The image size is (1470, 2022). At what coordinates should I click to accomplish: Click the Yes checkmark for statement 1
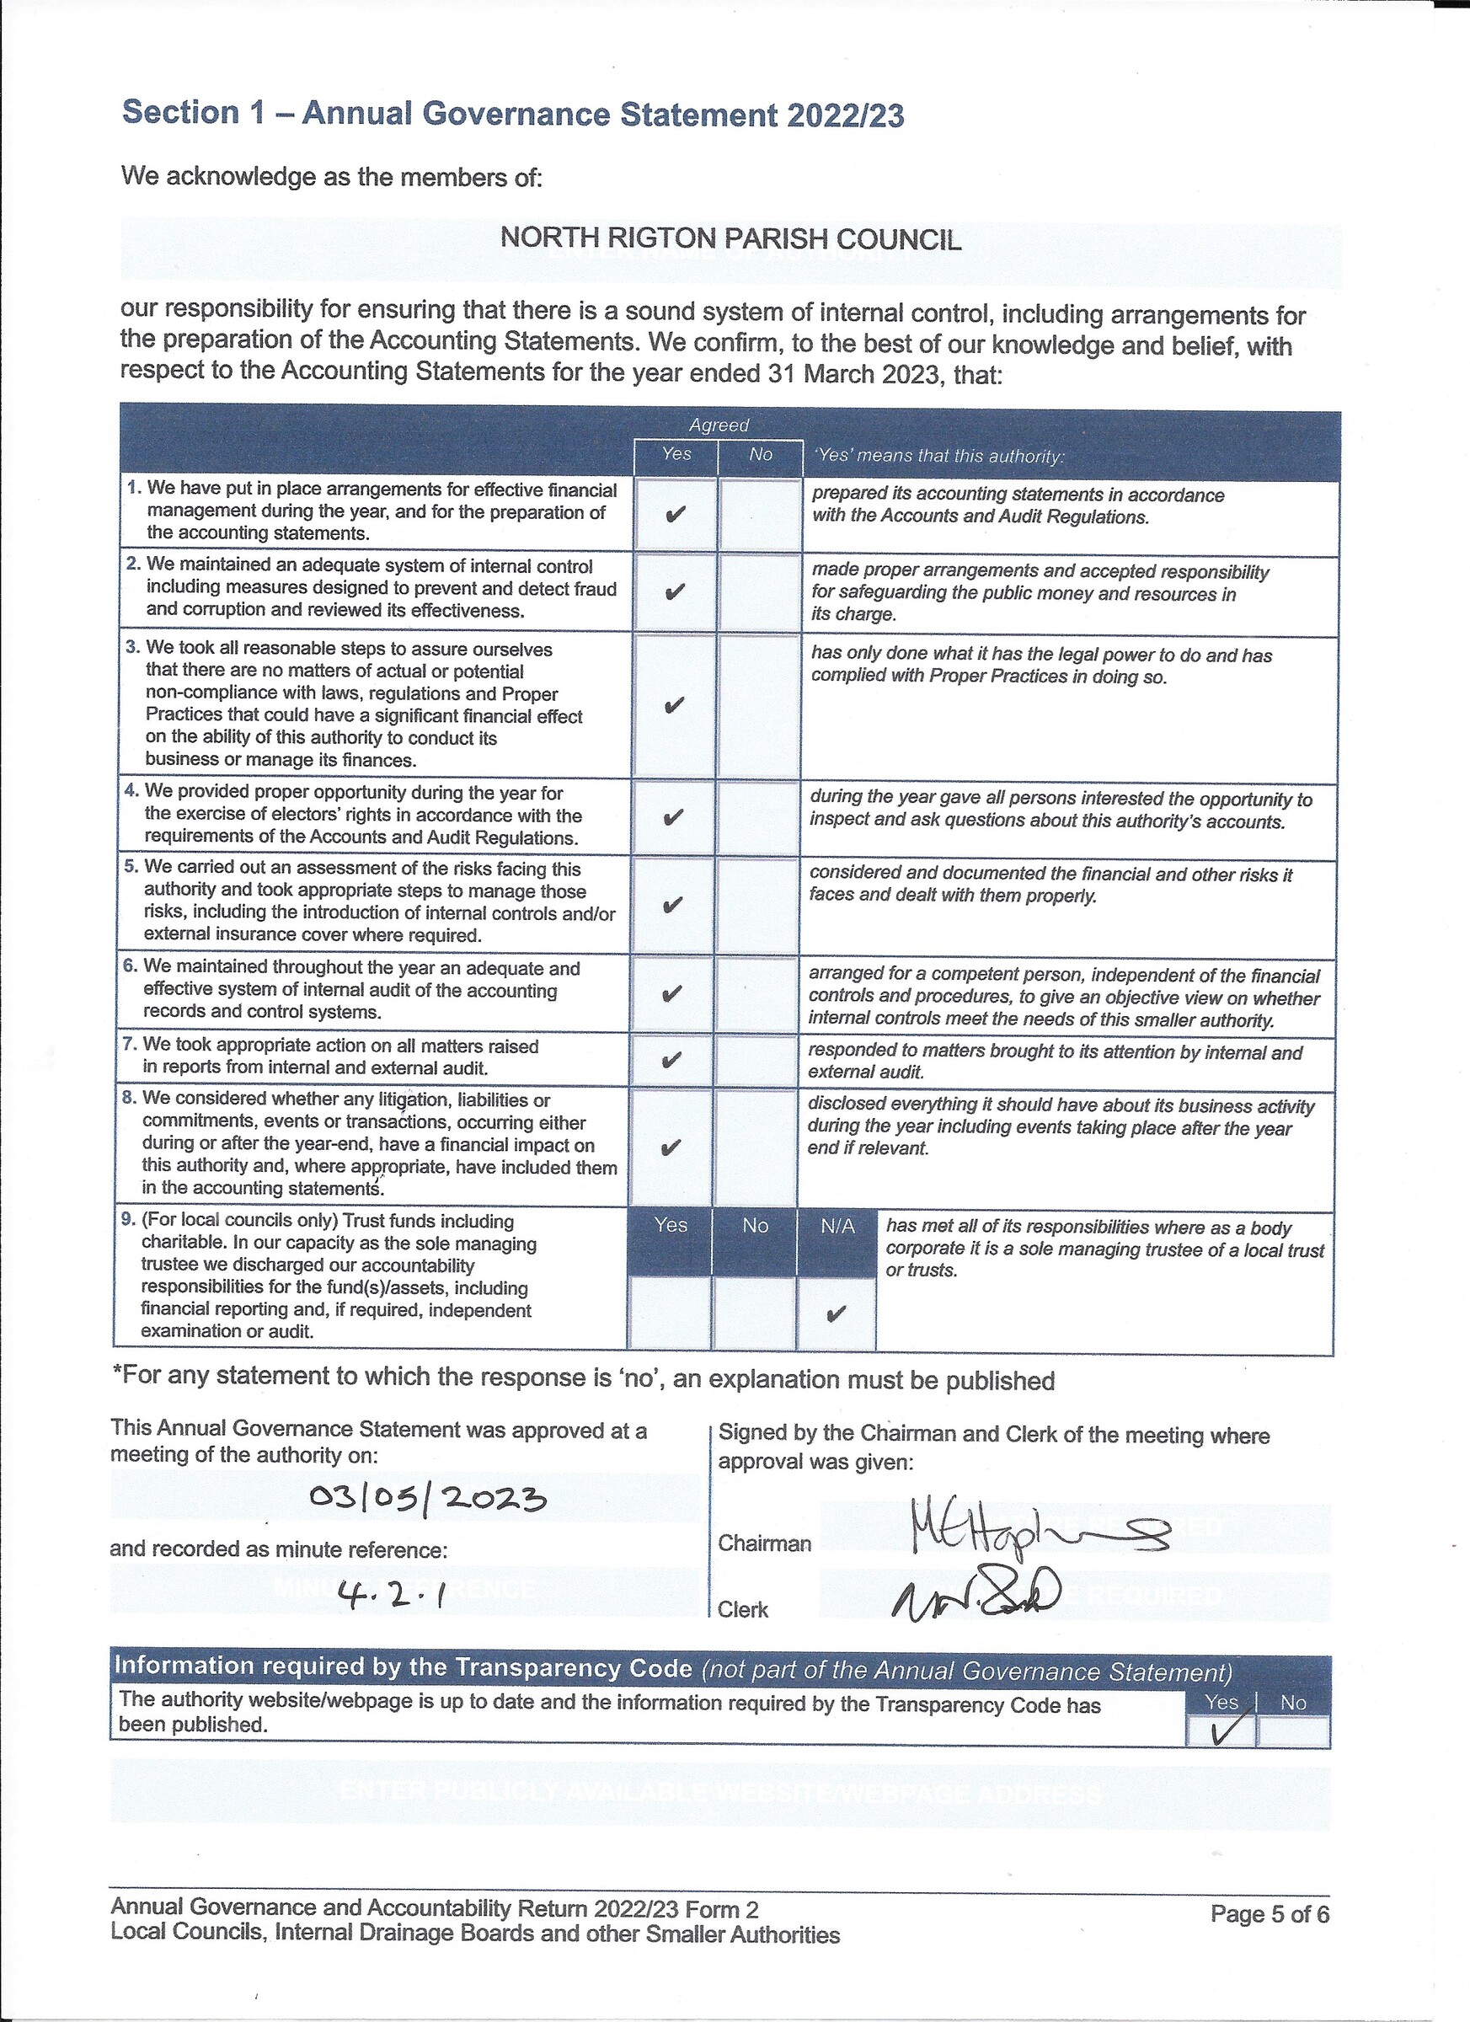tap(676, 515)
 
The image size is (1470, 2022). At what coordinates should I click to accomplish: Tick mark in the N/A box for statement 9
tap(836, 1313)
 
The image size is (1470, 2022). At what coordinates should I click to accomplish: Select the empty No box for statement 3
tap(759, 705)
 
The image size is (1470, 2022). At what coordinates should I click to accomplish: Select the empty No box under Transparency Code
tap(1292, 1732)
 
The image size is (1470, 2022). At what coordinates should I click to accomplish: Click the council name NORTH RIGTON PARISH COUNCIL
tap(730, 239)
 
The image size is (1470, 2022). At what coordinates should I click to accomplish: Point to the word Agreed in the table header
tap(719, 425)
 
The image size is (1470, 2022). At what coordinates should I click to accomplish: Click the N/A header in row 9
tap(837, 1227)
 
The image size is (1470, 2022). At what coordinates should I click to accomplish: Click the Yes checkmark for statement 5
tap(673, 905)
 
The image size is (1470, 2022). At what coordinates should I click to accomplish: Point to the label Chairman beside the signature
tap(765, 1543)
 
